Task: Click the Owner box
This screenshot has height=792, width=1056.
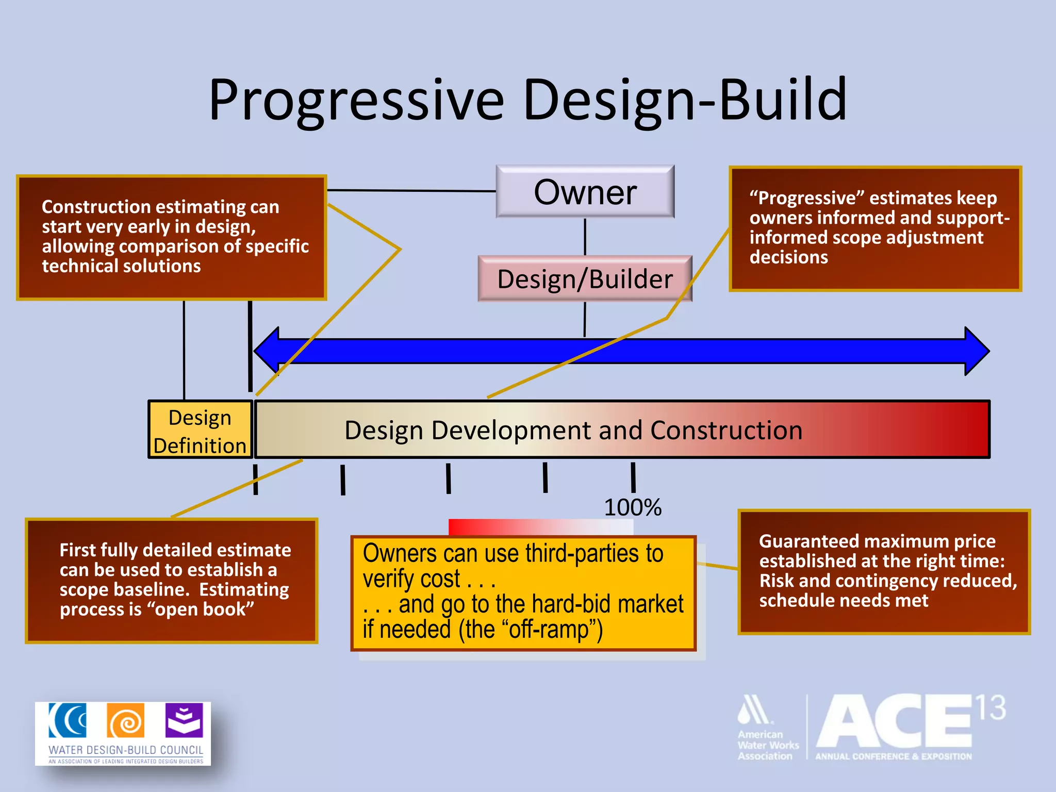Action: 585,192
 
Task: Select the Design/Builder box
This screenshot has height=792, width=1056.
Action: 585,279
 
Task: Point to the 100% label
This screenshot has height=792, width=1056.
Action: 633,507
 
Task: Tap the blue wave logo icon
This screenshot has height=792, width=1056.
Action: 68,720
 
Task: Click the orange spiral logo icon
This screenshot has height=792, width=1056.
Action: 125,720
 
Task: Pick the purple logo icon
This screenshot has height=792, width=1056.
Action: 184,720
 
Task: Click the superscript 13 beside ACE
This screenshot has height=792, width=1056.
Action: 991,708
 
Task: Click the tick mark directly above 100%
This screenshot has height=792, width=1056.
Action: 633,477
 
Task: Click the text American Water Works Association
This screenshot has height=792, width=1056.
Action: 767,745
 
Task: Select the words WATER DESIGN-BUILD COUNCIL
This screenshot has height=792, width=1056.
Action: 126,750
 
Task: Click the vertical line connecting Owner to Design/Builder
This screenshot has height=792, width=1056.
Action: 585,237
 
